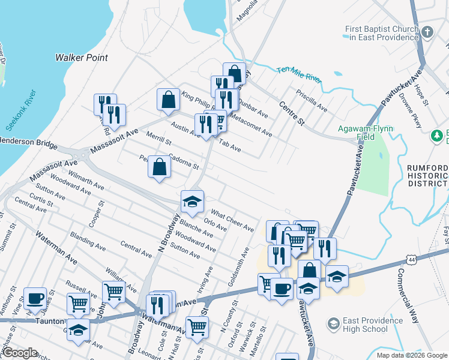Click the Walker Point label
tap(82, 58)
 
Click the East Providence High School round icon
tap(333, 325)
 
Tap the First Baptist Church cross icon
tap(427, 32)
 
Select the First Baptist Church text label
tap(381, 33)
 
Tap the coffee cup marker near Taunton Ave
tap(35, 298)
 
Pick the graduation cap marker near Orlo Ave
tap(192, 202)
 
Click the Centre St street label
tap(292, 114)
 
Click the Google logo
tap(19, 353)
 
